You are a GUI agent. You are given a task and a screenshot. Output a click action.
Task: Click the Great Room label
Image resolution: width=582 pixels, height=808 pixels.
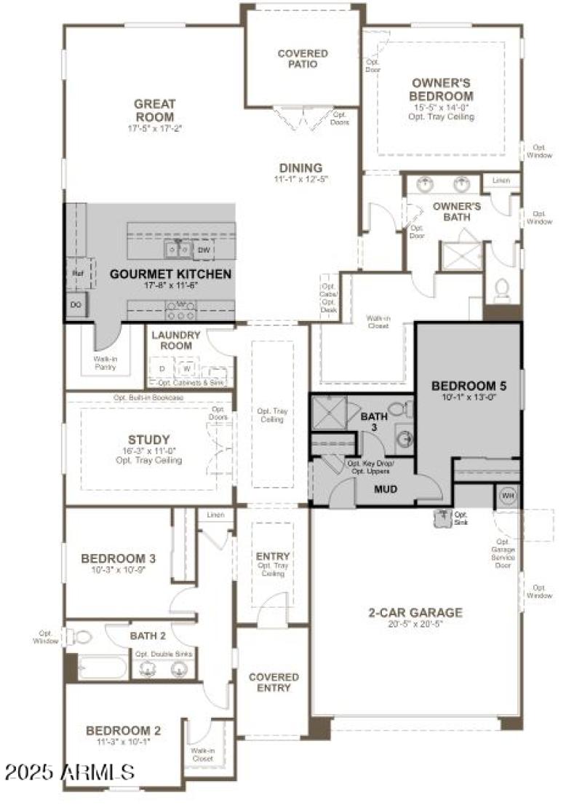pos(154,111)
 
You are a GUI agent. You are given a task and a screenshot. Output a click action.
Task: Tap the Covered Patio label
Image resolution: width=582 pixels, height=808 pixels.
pos(303,59)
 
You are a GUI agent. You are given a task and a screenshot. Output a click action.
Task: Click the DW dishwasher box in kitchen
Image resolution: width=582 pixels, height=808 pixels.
pos(204,250)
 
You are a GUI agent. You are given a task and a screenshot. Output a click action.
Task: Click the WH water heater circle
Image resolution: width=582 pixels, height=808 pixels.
pos(507,496)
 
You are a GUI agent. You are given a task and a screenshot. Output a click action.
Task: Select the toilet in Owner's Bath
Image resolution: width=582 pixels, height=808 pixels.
pos(501,290)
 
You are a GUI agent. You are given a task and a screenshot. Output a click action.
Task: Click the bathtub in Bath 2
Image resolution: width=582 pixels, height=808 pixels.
pos(102,668)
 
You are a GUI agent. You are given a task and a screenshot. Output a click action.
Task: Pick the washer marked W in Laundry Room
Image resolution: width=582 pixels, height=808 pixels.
pos(186,368)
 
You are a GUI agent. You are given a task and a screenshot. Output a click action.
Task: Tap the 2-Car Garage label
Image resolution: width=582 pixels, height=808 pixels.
pos(415,613)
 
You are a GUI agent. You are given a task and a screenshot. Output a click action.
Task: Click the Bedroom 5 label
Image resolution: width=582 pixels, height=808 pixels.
pos(468,385)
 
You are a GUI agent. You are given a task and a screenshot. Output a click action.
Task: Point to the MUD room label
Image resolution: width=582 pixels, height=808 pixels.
pos(385,489)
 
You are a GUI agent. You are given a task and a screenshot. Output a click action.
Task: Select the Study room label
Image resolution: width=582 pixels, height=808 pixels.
pos(148,440)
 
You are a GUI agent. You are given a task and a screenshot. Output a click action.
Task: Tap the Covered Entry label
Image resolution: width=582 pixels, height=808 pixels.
pos(274,682)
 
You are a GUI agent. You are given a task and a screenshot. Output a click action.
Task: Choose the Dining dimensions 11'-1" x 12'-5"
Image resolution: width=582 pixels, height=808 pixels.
pos(298,179)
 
